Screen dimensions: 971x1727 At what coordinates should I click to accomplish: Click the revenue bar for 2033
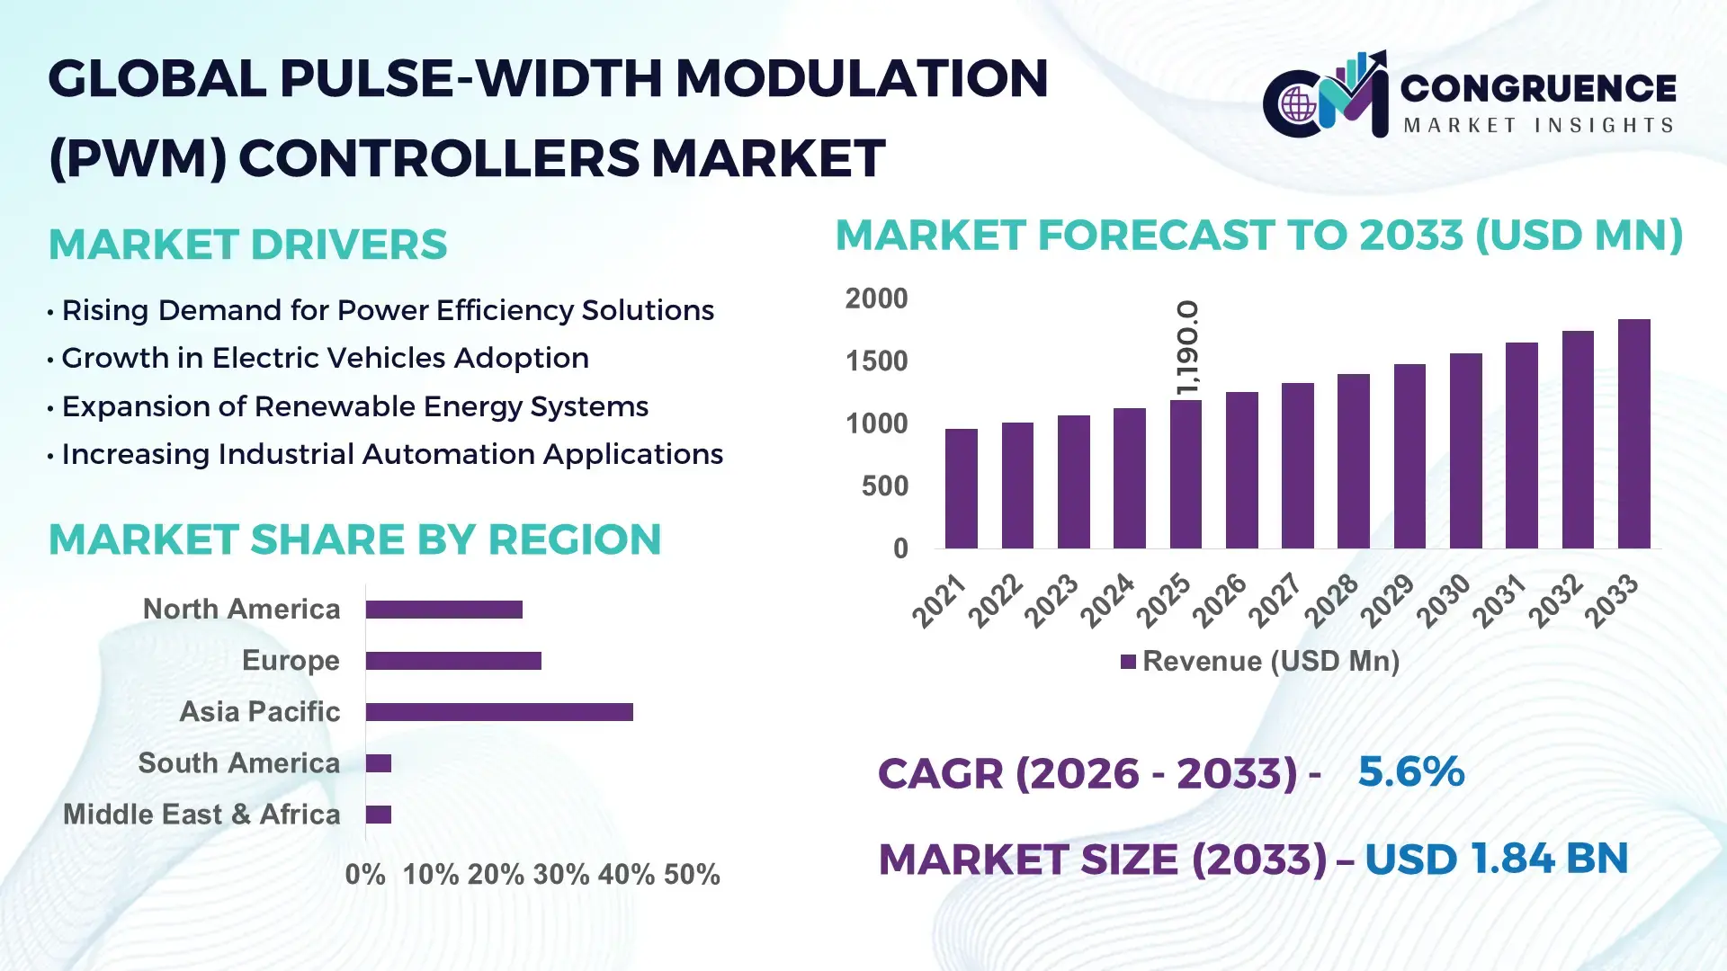(x=1633, y=434)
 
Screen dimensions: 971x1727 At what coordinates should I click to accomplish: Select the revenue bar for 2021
(x=961, y=489)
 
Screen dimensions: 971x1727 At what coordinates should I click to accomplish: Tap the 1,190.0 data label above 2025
(x=1187, y=348)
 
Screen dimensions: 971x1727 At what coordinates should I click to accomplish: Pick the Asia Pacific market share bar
(x=499, y=712)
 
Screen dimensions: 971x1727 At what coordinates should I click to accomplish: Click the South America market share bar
(x=379, y=763)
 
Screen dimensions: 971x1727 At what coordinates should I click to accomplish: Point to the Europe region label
(x=291, y=661)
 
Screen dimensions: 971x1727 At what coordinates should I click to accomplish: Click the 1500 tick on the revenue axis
(x=876, y=361)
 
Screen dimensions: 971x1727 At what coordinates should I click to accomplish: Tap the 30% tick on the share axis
(x=560, y=875)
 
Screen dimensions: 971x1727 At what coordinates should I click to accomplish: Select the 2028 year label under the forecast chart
(x=1331, y=601)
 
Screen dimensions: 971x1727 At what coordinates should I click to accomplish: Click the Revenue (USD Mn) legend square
(x=1128, y=663)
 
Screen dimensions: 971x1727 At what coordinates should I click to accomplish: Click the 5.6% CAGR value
(x=1410, y=772)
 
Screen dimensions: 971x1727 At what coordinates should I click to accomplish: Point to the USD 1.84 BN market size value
(x=1496, y=859)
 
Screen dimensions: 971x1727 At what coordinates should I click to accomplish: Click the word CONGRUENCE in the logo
(x=1538, y=88)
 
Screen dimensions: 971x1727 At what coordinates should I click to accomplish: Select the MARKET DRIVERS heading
(x=247, y=245)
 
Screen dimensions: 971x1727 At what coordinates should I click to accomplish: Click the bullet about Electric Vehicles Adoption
(x=325, y=358)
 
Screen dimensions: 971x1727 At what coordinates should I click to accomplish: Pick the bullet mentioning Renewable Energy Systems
(x=354, y=406)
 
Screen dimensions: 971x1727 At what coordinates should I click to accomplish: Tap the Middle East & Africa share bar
(x=379, y=815)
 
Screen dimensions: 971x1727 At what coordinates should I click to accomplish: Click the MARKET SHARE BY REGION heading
(x=354, y=539)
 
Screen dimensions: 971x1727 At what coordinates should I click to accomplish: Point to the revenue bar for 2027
(x=1297, y=466)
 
